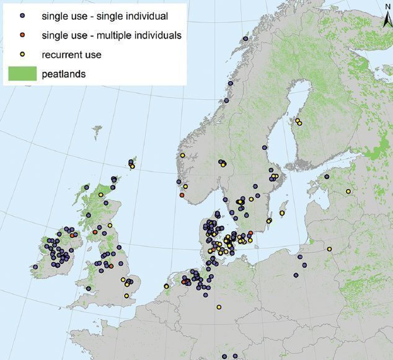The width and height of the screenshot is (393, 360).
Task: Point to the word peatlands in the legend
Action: pos(64,75)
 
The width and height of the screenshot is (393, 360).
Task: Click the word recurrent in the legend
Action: pos(61,55)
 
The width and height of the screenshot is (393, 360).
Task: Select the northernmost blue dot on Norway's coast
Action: pos(246,38)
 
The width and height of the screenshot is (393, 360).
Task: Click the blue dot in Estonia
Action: pos(327,177)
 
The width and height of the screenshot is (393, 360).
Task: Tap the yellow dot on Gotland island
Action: pos(282,213)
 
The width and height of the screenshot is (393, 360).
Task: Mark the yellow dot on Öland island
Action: pos(269,221)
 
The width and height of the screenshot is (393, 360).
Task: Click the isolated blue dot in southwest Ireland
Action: pos(35,267)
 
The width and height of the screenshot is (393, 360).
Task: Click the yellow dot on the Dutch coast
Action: pos(166,286)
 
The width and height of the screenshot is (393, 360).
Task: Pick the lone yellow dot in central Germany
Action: pos(219,307)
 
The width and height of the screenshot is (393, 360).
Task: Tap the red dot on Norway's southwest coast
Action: pos(182,195)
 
